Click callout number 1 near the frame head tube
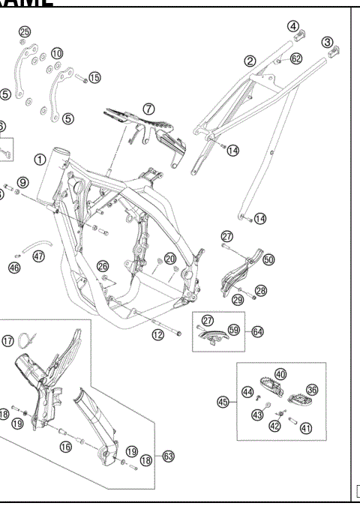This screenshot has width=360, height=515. coord(38,160)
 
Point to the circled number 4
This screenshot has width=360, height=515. coord(292,27)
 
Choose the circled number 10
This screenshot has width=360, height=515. coord(57,53)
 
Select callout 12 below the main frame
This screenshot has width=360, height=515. coord(157,335)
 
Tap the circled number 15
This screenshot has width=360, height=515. coord(94,77)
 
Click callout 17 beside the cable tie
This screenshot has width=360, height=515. coord(8,341)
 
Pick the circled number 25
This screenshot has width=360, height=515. coord(25,31)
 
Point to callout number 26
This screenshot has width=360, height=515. coord(103,266)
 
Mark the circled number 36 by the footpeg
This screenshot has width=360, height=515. coord(312,390)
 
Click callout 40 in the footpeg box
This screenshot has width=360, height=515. coord(280,373)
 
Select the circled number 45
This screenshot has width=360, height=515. coord(223,403)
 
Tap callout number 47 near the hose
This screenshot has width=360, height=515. coord(38,256)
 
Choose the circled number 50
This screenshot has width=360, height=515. coord(268,260)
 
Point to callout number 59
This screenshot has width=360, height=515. coord(233,330)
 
